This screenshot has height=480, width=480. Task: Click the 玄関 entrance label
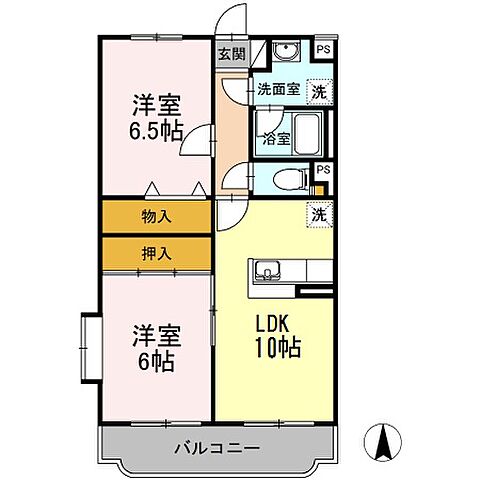pos(232,55)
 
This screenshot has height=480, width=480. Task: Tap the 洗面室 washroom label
pos(277,88)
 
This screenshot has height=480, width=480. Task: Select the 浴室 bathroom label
pos(277,139)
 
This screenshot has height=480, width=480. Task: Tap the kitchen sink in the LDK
pos(268,269)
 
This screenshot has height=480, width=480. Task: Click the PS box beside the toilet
pos(322,170)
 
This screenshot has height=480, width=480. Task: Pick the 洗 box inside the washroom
pos(319,89)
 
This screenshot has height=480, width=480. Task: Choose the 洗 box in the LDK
pos(318,213)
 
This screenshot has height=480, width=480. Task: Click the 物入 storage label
pos(156,216)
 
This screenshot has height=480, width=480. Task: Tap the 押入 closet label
pos(156,253)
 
